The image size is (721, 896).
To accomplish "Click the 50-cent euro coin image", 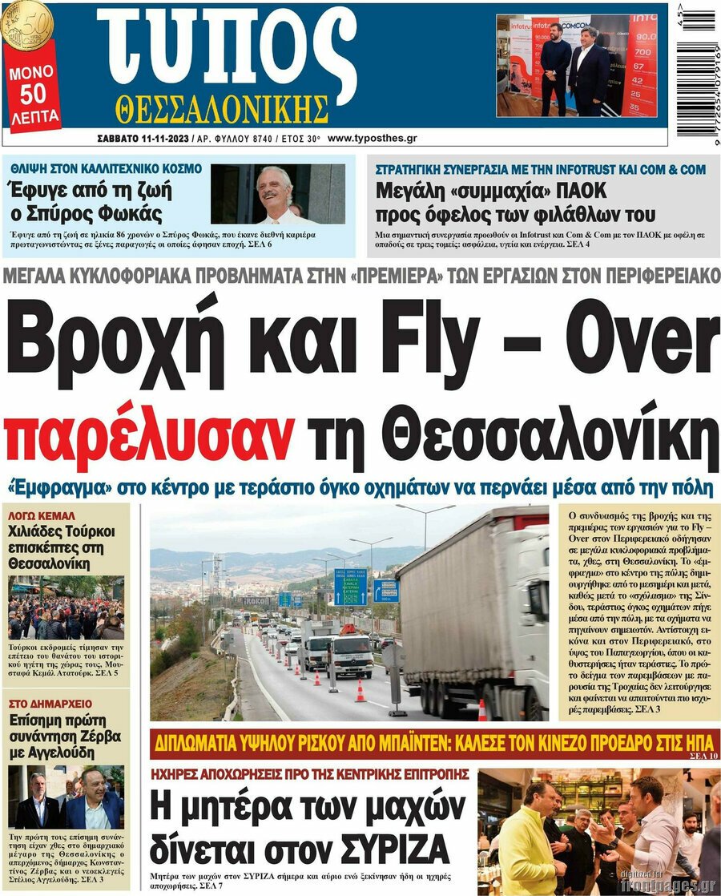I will click(26, 24).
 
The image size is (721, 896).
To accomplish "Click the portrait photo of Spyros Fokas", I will click(277, 193).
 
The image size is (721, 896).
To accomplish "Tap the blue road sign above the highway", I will click(350, 587).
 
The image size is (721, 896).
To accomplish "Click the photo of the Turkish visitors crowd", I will click(66, 607).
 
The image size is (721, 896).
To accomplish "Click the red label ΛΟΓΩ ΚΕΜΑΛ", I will click(41, 515).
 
